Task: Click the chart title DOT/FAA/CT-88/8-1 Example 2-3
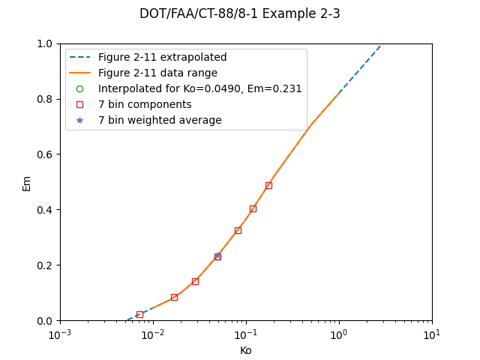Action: pos(239,13)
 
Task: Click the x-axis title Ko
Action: pos(245,350)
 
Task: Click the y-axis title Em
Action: pos(27,183)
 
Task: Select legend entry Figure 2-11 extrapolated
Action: pos(162,58)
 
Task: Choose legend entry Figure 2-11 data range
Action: pos(157,73)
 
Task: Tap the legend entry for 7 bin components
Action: pos(145,105)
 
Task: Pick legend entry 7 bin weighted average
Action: pos(160,121)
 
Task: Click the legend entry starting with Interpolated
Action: pos(199,89)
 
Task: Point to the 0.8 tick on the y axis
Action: pos(46,99)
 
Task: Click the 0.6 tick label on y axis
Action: pos(46,154)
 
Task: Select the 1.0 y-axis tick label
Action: pos(46,43)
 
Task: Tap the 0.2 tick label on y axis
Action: pos(46,265)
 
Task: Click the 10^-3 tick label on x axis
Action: pos(60,334)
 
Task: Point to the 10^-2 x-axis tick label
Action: pos(153,334)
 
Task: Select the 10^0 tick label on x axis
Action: pos(339,334)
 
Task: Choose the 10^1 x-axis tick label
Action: pos(432,334)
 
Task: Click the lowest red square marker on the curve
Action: pos(139,314)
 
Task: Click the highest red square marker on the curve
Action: pos(268,185)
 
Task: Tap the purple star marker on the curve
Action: pos(217,256)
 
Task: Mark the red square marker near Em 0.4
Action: pos(253,208)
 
